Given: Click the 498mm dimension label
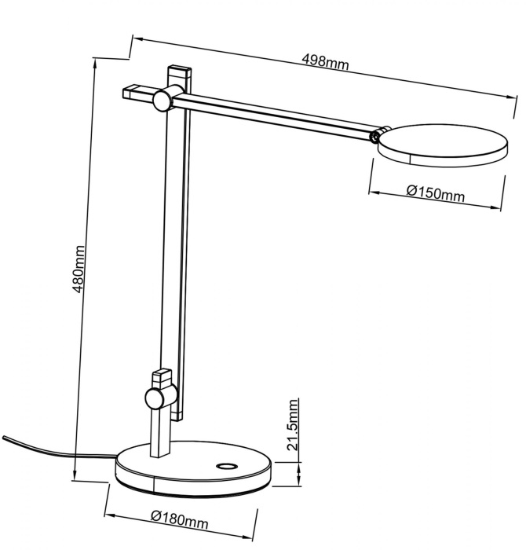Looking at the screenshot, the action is click(x=326, y=62).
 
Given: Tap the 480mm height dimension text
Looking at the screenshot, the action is click(x=79, y=269).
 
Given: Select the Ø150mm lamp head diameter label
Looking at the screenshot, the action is click(x=436, y=193).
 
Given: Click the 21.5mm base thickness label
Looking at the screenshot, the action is click(x=292, y=424).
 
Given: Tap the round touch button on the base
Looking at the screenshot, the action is click(x=227, y=466).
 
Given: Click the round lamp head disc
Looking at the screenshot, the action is click(x=443, y=145).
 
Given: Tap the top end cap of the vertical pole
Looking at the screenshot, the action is click(x=180, y=70).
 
